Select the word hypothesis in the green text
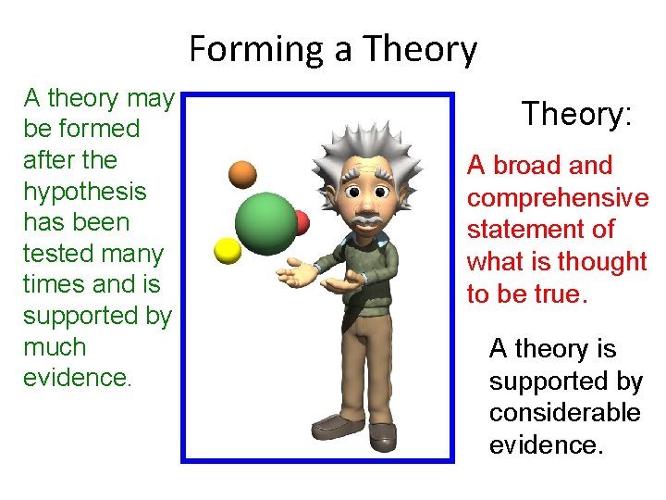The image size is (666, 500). (84, 192)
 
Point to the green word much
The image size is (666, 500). (55, 347)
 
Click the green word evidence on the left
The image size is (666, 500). (76, 379)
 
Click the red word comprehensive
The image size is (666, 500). (558, 198)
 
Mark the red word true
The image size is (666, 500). (563, 294)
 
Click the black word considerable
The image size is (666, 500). (564, 412)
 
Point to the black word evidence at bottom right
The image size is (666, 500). (546, 444)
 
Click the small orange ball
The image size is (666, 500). (242, 174)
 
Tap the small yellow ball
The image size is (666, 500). (228, 250)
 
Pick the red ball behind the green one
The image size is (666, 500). (301, 222)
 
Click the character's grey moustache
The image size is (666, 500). (367, 221)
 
